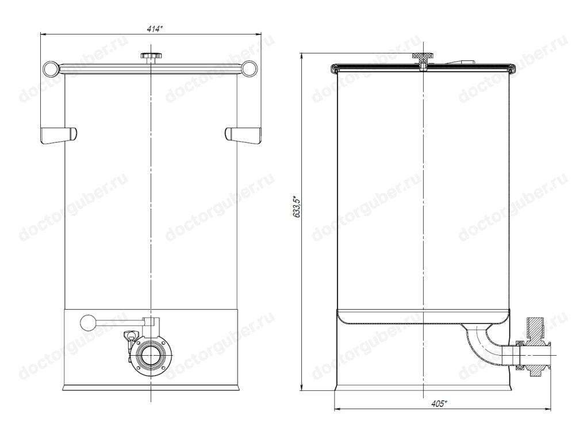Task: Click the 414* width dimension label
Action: [x=154, y=29]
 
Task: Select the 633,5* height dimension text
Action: [x=297, y=207]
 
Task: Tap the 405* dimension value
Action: [x=439, y=404]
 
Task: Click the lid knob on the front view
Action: [x=151, y=57]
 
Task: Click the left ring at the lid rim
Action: [x=51, y=68]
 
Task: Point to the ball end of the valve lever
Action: [x=87, y=322]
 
